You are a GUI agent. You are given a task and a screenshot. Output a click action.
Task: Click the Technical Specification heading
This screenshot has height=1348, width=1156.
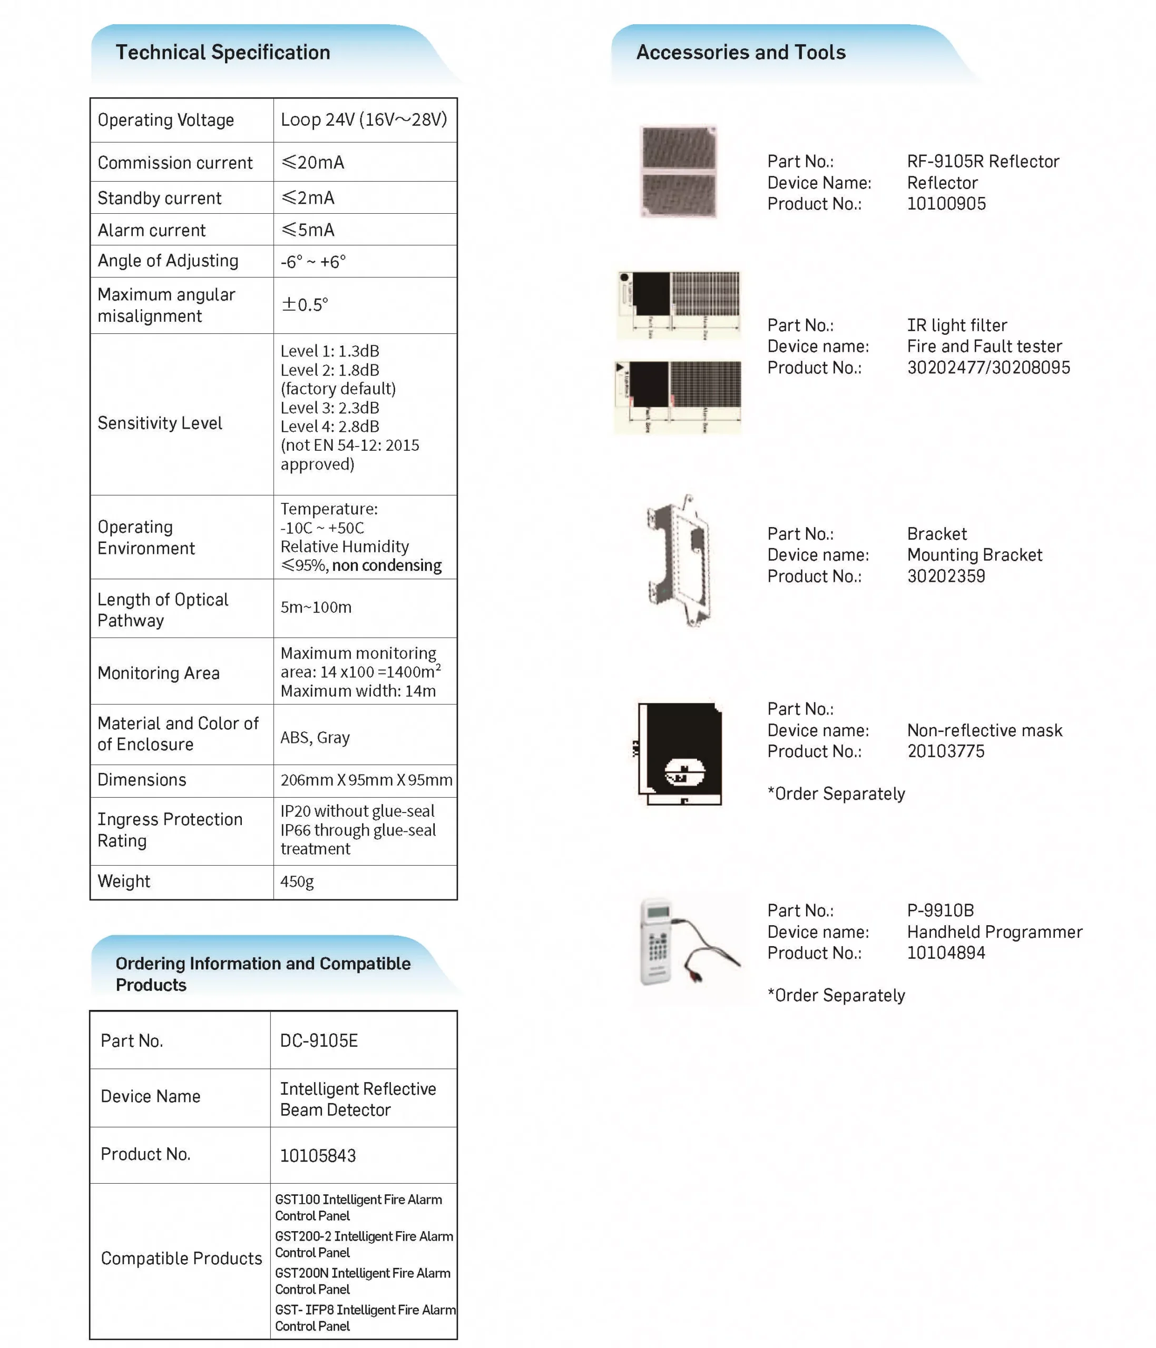coord(222,53)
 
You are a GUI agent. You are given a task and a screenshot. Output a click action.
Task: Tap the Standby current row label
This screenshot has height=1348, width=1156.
coord(160,198)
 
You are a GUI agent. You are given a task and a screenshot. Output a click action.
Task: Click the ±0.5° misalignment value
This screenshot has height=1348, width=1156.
coord(305,304)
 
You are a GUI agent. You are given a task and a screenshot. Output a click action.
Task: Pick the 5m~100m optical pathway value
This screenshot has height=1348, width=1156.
coord(316,607)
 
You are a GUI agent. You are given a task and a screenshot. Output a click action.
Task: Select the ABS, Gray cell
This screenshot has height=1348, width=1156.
coord(315,737)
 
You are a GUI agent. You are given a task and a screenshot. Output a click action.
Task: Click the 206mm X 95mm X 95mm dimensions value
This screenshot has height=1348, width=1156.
coord(366,779)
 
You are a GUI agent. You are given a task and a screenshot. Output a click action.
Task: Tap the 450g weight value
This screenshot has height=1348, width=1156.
coord(297,881)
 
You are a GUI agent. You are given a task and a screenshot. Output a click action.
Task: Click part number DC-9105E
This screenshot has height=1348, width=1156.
coord(319,1040)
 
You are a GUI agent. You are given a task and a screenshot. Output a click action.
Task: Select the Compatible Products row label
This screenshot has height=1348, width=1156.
coord(181,1257)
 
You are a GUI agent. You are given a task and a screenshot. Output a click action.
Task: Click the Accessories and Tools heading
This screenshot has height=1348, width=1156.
coord(741,53)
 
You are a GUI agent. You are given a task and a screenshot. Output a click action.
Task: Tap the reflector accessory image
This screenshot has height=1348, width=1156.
coord(678,172)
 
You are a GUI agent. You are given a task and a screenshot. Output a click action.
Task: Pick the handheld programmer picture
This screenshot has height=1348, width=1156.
coord(683,941)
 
